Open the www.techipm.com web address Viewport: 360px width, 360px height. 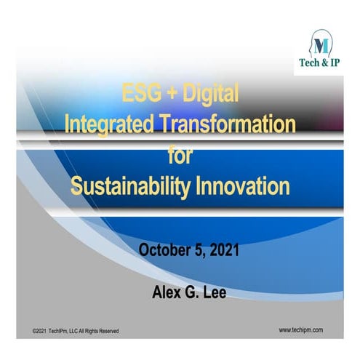[x=300, y=329]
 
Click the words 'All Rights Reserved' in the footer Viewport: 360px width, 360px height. [x=97, y=331]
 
